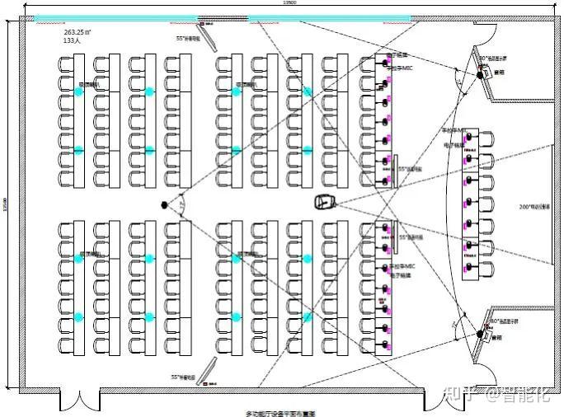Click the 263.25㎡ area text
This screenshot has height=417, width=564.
pos(79,30)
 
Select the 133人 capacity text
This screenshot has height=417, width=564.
pos(72,40)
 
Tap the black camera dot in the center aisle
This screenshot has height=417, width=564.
pos(164,204)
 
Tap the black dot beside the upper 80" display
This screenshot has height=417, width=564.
pos(477,76)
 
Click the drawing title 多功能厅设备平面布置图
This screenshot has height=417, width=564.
pos(281,412)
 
